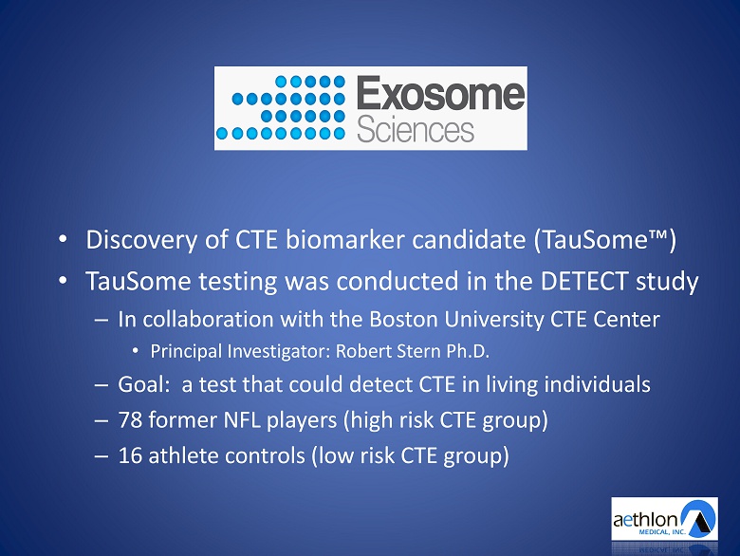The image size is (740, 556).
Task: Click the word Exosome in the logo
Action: [x=440, y=93]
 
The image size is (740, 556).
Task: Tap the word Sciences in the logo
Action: [x=416, y=130]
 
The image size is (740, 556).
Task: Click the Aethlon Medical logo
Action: [x=664, y=519]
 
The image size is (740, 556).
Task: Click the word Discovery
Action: [x=141, y=240]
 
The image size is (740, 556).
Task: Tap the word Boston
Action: [x=403, y=319]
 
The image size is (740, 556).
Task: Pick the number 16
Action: [x=130, y=455]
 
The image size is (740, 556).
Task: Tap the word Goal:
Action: [x=143, y=384]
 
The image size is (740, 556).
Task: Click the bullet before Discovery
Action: [x=63, y=239]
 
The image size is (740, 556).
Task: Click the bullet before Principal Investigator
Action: [x=136, y=351]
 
